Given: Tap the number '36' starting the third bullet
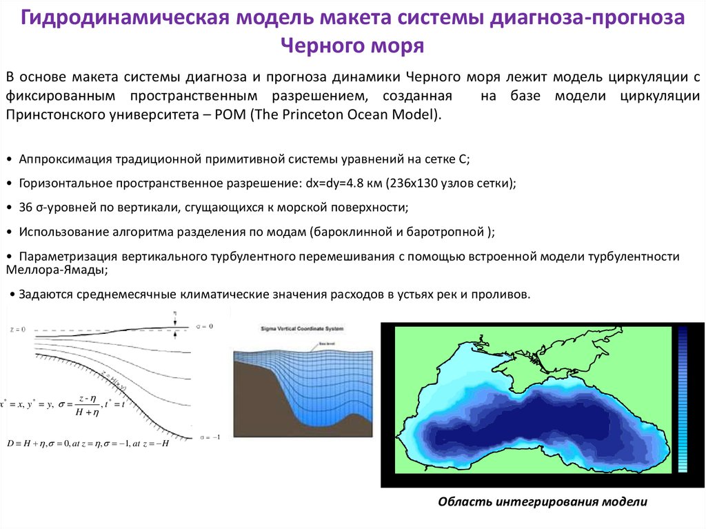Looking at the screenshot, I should pos(26,207).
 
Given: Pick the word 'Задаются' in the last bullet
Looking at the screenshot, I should pos(44,294).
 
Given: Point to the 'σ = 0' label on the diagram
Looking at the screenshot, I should pos(205,326).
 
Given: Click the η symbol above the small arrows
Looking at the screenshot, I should pos(176,313).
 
